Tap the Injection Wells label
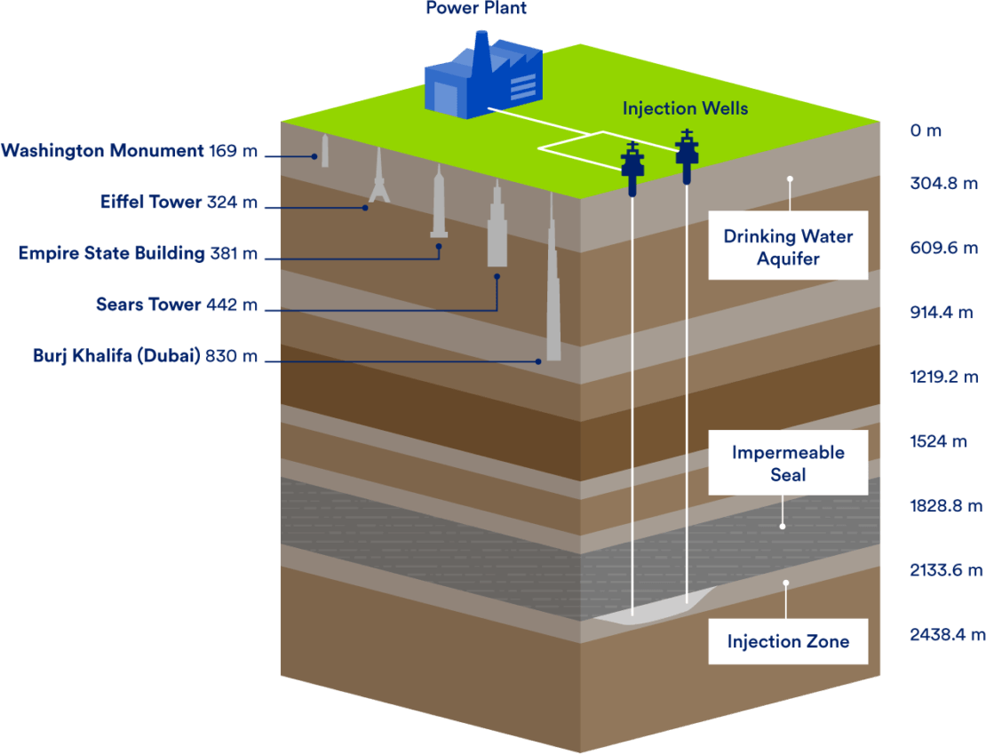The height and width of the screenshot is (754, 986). (x=685, y=108)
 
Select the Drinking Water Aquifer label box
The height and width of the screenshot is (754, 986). (x=787, y=246)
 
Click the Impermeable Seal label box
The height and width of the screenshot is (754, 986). (x=787, y=463)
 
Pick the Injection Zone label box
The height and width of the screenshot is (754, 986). (x=787, y=641)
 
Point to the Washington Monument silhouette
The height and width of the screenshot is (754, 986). (x=325, y=152)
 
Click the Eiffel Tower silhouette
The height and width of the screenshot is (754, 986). (x=379, y=178)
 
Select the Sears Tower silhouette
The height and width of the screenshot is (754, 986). (x=497, y=226)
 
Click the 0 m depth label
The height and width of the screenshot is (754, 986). (x=925, y=131)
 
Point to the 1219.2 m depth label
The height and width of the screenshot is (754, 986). (x=943, y=377)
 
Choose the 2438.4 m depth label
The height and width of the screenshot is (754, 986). (x=947, y=634)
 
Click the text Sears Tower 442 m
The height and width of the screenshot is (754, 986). (x=177, y=306)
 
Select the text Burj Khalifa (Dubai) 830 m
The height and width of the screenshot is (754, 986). (x=145, y=357)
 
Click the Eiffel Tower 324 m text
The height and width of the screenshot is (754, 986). (x=179, y=202)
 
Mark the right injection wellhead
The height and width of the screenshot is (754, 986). (x=687, y=155)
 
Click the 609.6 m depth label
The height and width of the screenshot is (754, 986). (x=943, y=249)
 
